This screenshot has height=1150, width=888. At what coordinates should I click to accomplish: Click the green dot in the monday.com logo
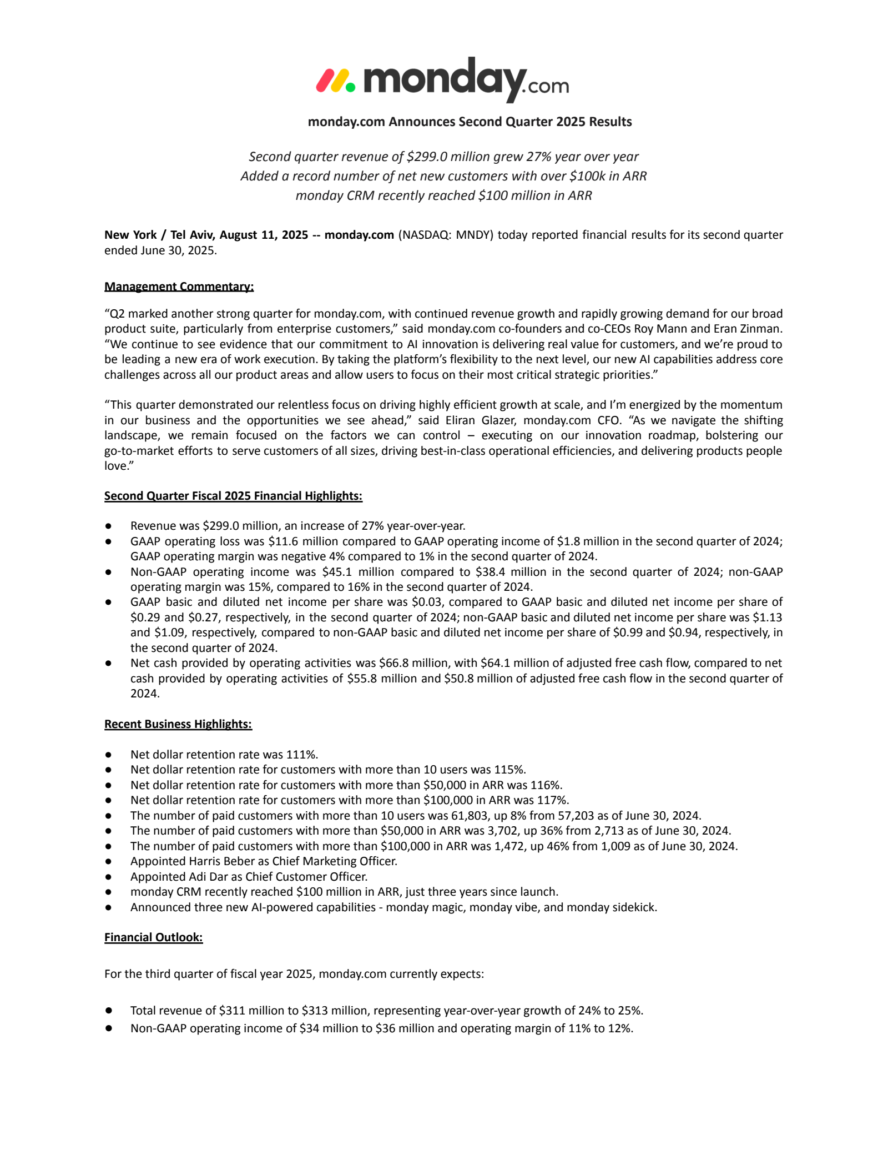[x=350, y=87]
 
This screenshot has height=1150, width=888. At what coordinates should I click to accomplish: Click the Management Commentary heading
[x=179, y=287]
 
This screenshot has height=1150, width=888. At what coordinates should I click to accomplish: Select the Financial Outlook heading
[x=153, y=937]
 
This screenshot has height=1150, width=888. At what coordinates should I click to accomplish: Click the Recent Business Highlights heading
[x=178, y=724]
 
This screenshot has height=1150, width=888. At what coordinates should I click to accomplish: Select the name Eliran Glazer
[x=481, y=420]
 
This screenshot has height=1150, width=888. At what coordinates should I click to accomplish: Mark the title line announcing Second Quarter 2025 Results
[x=470, y=122]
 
